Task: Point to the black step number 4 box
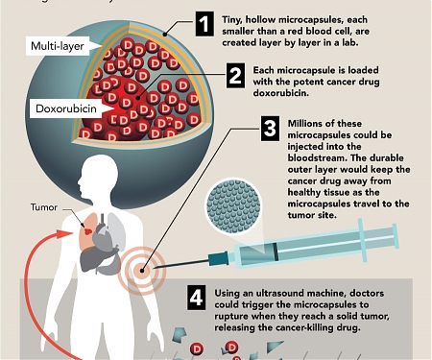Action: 196,298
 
